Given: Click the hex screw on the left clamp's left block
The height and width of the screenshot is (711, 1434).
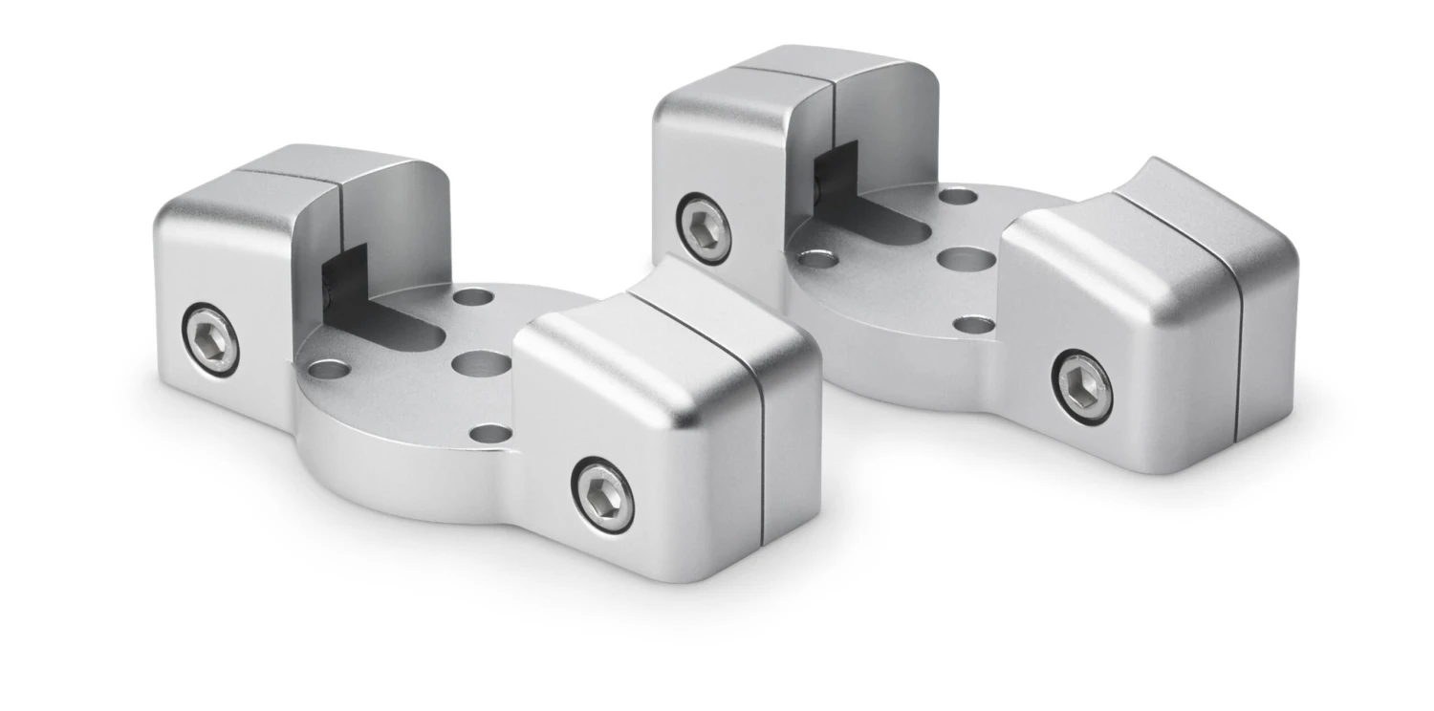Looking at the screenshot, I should coord(210,339).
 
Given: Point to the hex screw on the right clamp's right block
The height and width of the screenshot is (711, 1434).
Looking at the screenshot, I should coord(1082,386).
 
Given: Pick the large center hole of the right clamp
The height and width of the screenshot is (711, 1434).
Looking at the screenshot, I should coord(966,259).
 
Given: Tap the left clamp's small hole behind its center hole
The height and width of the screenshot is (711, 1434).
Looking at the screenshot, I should coord(473,296).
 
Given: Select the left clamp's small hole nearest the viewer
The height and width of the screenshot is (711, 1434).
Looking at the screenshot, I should coord(490,434).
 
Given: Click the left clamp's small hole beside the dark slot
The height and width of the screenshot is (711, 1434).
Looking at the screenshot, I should coord(328,369).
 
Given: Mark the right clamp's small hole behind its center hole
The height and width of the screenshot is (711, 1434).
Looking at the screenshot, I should coord(957,197).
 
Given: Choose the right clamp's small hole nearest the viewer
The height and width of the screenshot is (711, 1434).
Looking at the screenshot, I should coord(974,325).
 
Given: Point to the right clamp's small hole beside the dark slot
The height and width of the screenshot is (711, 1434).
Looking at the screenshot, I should coord(817,258).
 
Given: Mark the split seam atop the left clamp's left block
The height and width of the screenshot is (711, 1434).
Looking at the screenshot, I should coord(315,175).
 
